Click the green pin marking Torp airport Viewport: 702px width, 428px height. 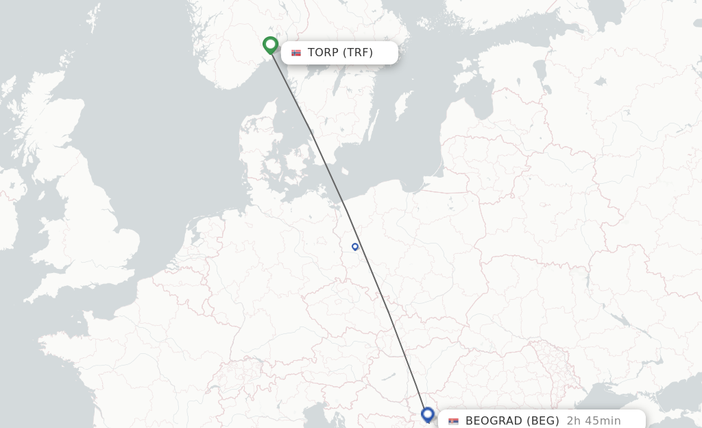click(270, 45)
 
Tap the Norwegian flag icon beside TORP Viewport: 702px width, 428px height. click(296, 53)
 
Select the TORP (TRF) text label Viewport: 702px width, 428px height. click(340, 53)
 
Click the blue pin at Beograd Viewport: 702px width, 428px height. click(428, 414)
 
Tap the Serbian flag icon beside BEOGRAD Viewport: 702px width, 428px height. click(453, 420)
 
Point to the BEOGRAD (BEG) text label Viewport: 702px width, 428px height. click(512, 420)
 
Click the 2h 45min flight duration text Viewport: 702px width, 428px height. click(594, 420)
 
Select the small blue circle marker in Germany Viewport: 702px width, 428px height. click(355, 246)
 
